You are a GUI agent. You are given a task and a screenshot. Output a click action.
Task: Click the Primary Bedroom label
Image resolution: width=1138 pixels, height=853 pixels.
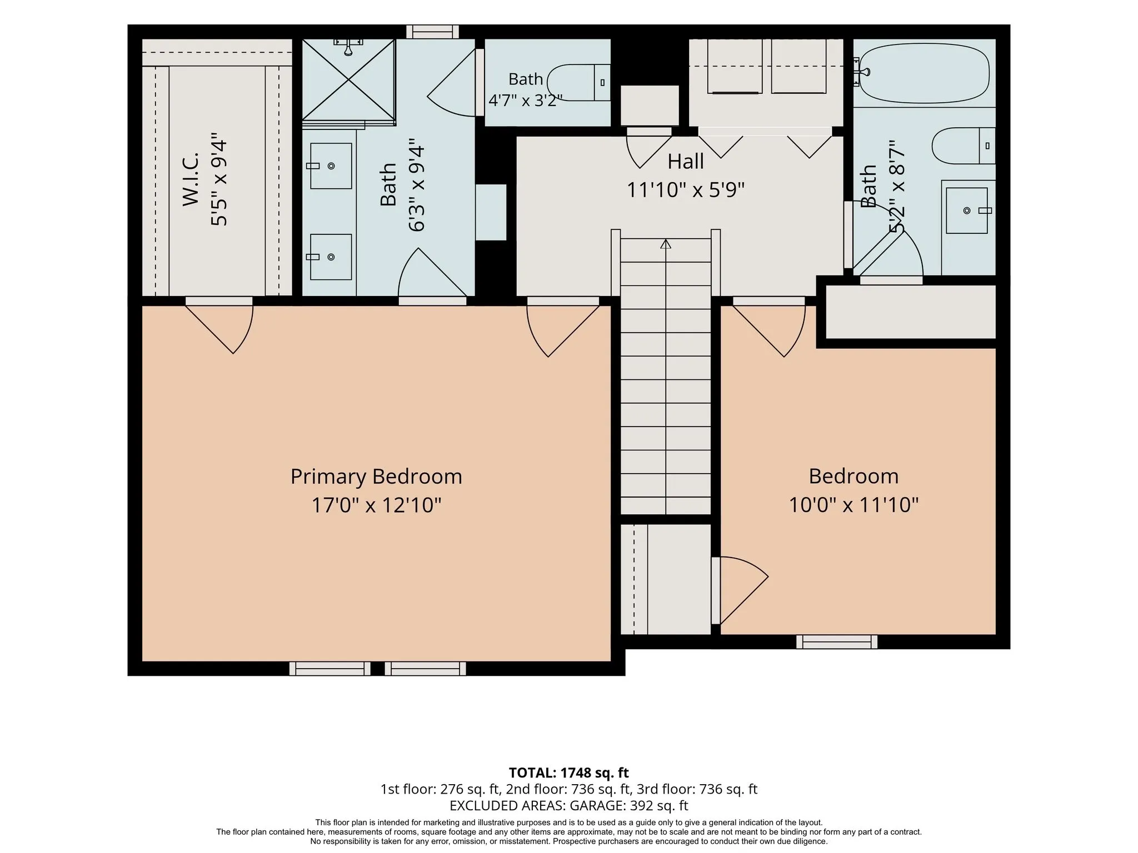click(x=376, y=476)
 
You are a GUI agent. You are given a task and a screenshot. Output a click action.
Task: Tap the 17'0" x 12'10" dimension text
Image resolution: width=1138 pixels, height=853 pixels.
click(x=376, y=505)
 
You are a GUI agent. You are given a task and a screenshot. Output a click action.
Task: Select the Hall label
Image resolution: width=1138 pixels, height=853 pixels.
click(x=686, y=162)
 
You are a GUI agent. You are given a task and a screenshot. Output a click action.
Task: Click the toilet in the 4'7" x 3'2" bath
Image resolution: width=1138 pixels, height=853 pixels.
click(x=578, y=83)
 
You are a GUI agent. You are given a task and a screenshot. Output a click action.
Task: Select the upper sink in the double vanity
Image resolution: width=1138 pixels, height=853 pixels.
click(x=331, y=166)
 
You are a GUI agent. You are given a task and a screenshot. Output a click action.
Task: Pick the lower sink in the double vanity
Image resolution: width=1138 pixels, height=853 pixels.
click(x=331, y=257)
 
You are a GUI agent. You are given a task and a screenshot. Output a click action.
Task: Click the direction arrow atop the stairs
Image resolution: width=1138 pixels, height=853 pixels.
click(x=666, y=244)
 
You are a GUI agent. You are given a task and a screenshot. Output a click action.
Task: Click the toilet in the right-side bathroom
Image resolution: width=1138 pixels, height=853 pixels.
click(x=964, y=145)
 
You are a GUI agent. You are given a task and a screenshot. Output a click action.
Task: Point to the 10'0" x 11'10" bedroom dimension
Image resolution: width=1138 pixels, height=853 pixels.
click(x=854, y=505)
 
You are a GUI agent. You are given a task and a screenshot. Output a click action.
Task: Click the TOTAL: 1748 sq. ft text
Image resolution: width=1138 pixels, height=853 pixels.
click(x=569, y=772)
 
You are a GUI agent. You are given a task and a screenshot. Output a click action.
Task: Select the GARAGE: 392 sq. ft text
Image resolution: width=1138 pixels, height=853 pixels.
click(x=628, y=805)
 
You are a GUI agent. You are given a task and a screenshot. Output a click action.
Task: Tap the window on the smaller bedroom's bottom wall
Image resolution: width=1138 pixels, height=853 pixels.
click(x=837, y=642)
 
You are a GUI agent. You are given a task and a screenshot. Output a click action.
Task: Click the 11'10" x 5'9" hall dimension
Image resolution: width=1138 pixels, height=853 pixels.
click(x=686, y=190)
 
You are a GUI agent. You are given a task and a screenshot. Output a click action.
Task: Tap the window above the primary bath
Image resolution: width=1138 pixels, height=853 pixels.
click(x=433, y=32)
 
